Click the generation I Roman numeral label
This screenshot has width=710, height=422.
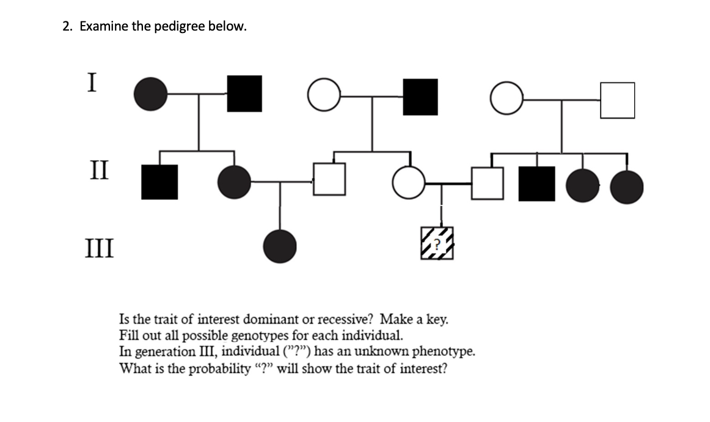(x=91, y=82)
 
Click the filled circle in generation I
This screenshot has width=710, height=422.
(x=150, y=94)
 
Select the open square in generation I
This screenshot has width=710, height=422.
(x=617, y=100)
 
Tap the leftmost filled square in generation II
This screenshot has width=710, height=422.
(x=159, y=182)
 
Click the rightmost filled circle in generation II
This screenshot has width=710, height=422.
(x=627, y=186)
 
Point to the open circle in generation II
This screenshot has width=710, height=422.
(x=408, y=183)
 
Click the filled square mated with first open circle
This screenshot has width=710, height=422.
(x=420, y=97)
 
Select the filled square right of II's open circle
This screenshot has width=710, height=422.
(x=537, y=183)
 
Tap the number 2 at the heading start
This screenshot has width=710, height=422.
(x=66, y=27)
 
